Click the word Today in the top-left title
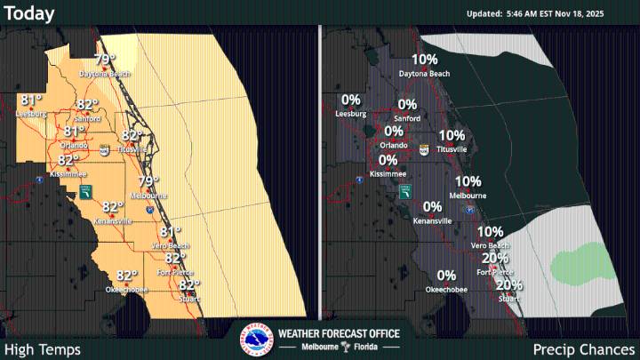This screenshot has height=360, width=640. pos(29,13)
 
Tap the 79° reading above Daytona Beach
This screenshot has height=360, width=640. pos(105,60)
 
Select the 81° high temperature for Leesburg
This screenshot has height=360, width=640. pos(31,100)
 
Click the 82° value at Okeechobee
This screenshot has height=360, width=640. pos(127,276)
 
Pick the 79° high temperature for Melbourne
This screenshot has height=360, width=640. pos(148,181)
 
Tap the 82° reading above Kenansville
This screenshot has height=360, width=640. pos(113,206)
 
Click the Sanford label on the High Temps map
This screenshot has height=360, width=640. pos(87,118)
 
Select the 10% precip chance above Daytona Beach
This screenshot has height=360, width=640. pos(425,60)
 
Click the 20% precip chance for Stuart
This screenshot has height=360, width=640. pos(509,285)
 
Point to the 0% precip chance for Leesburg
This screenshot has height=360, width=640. pos(350,100)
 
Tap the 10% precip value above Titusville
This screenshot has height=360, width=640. pos(452,136)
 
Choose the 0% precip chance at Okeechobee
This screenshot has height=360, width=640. pos(446,276)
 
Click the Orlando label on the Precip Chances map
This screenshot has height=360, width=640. pos(393,145)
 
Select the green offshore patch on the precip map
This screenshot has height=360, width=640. pos(581,266)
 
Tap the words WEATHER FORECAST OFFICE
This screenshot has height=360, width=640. pos(339,333)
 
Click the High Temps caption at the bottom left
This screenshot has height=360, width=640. pos(42,349)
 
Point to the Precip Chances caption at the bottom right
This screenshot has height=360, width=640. pos(584,349)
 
